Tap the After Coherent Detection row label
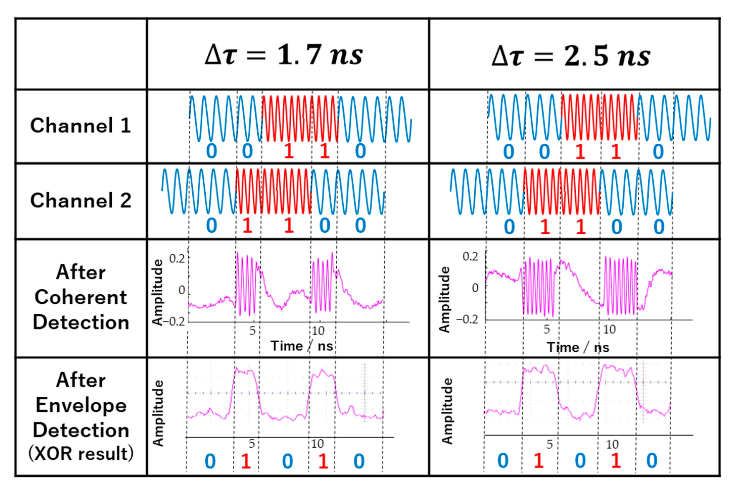81,297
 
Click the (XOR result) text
81,453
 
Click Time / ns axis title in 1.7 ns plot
302,346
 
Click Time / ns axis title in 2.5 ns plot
578,347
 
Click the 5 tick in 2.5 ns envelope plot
549,444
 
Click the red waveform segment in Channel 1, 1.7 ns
300,119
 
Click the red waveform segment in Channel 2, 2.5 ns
562,192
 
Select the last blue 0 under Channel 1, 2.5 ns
658,152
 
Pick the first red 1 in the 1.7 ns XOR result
246,461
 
